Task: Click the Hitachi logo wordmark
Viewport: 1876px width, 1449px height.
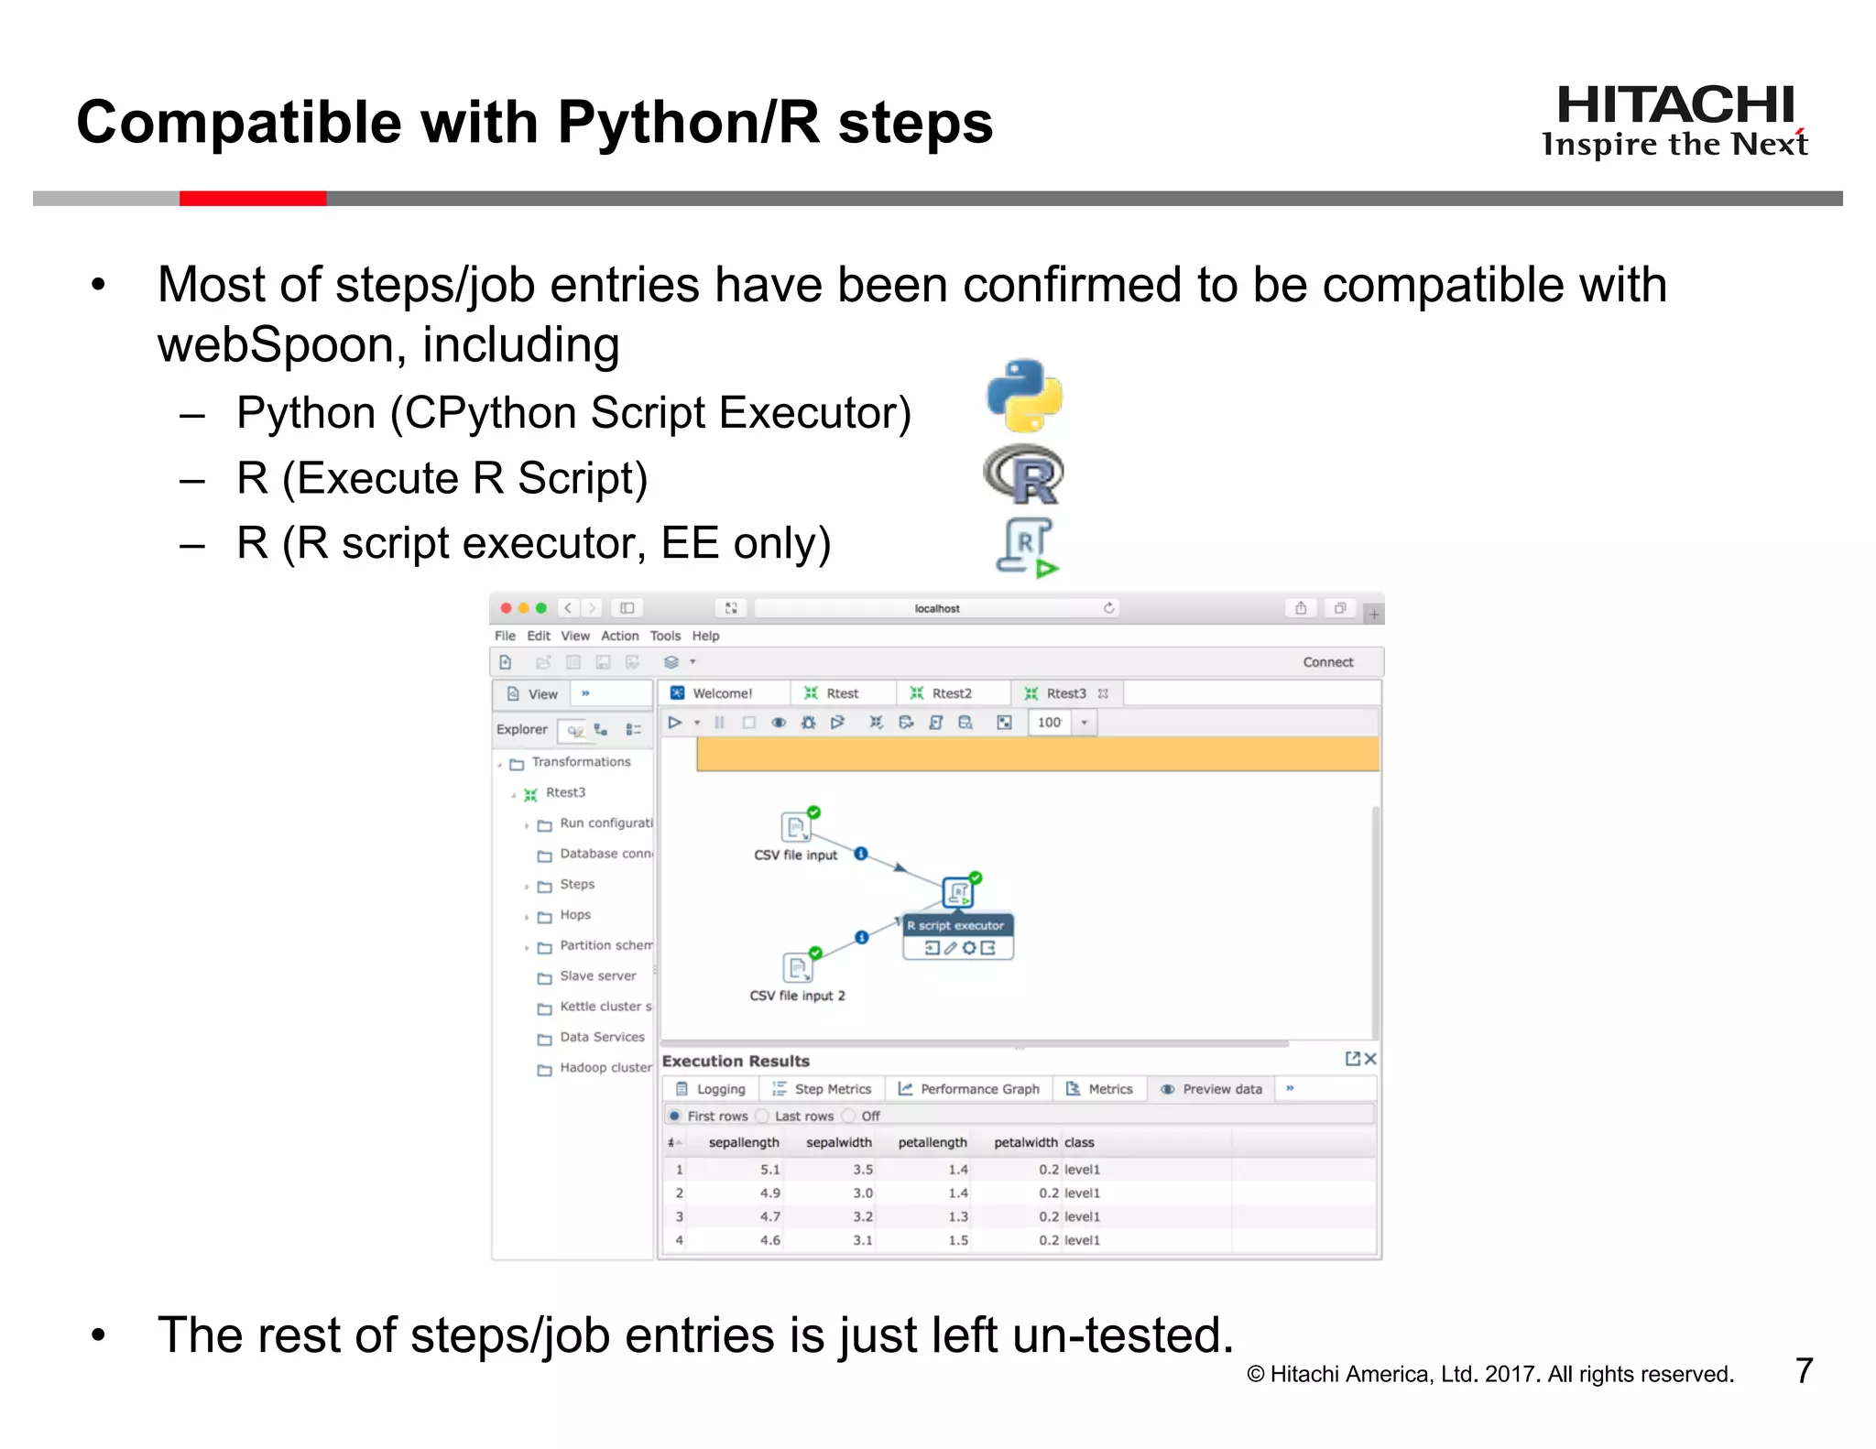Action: [1674, 105]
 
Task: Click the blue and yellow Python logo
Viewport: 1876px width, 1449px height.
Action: [1024, 396]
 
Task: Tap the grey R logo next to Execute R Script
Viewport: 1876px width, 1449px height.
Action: [1024, 475]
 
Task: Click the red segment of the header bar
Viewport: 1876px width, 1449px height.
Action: [252, 199]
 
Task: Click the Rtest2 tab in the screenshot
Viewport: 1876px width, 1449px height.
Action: [951, 693]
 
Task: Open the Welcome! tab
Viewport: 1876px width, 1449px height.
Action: [722, 693]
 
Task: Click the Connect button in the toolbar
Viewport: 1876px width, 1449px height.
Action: [1327, 662]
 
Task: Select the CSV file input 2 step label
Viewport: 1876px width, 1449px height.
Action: [797, 996]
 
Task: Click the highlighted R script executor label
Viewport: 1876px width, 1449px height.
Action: [956, 925]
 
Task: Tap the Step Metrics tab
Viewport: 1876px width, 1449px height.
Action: [832, 1089]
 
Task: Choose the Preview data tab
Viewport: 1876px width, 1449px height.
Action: [1221, 1089]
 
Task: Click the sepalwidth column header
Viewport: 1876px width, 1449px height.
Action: [838, 1142]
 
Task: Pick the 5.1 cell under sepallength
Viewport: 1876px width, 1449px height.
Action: [769, 1170]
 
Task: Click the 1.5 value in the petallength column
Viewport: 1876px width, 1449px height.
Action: [958, 1240]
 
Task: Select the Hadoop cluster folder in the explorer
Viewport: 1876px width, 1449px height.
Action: [605, 1067]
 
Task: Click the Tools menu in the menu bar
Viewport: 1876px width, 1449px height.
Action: [665, 636]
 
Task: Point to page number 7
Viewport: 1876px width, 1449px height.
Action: [1804, 1370]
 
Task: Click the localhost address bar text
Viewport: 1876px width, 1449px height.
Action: [937, 608]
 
